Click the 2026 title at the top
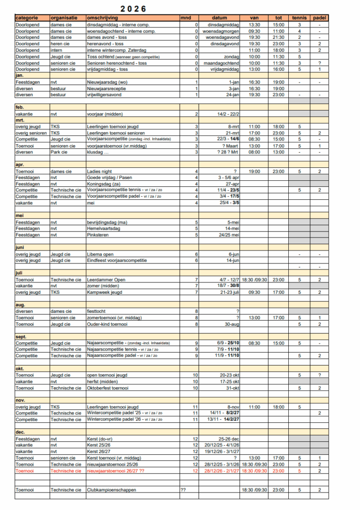(133, 9)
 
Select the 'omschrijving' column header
(100, 18)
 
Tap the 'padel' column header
(319, 18)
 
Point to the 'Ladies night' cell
(99, 171)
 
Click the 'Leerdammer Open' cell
(106, 280)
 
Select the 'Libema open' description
(101, 254)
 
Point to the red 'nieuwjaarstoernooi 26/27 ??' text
(116, 471)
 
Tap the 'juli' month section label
(20, 273)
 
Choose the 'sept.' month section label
(22, 336)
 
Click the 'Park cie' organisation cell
(59, 152)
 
